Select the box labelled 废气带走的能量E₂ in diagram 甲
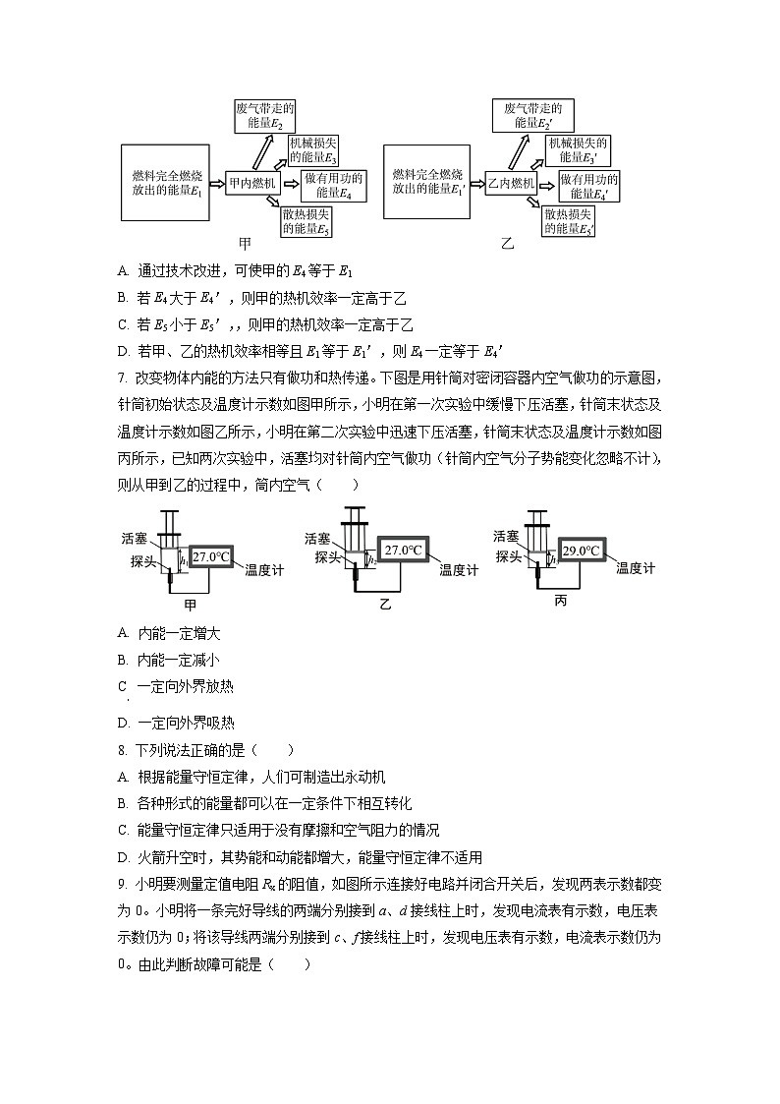(x=266, y=116)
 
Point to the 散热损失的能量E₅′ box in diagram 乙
(x=570, y=221)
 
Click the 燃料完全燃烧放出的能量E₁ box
(x=167, y=182)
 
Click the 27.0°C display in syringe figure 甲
(x=212, y=557)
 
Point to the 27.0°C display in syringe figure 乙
(x=404, y=551)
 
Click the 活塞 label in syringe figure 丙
(x=506, y=536)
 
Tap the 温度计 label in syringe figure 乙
(x=459, y=570)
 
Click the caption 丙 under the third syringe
(x=561, y=600)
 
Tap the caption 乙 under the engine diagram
(x=508, y=243)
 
